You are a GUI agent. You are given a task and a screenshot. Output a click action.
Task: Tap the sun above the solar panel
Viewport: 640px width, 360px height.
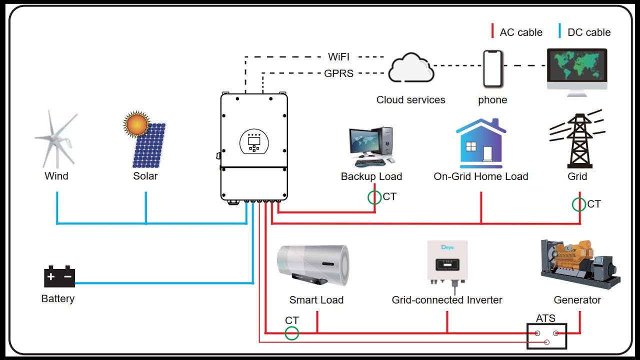[136, 124]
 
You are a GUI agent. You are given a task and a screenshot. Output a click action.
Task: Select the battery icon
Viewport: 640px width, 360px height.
[59, 276]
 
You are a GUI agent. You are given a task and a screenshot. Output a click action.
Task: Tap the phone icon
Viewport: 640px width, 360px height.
[492, 68]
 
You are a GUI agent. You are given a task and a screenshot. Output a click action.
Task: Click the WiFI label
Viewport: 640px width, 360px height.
[338, 56]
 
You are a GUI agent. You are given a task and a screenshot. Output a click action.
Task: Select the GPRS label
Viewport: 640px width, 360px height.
[338, 73]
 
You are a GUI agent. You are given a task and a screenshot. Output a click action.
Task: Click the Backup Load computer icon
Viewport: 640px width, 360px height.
[371, 146]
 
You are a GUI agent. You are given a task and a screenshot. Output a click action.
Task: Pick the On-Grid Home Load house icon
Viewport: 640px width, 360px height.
[481, 143]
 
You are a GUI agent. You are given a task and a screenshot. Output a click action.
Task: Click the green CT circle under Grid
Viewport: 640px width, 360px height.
[579, 204]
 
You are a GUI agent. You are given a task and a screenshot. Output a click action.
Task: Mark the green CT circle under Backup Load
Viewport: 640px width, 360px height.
[374, 197]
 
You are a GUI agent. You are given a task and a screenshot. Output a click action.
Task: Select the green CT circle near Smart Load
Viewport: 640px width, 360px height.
[291, 333]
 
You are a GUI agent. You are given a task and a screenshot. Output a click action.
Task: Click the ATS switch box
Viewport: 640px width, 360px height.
[546, 336]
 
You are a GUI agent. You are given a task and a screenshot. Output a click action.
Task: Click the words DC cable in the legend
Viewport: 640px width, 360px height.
[589, 32]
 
